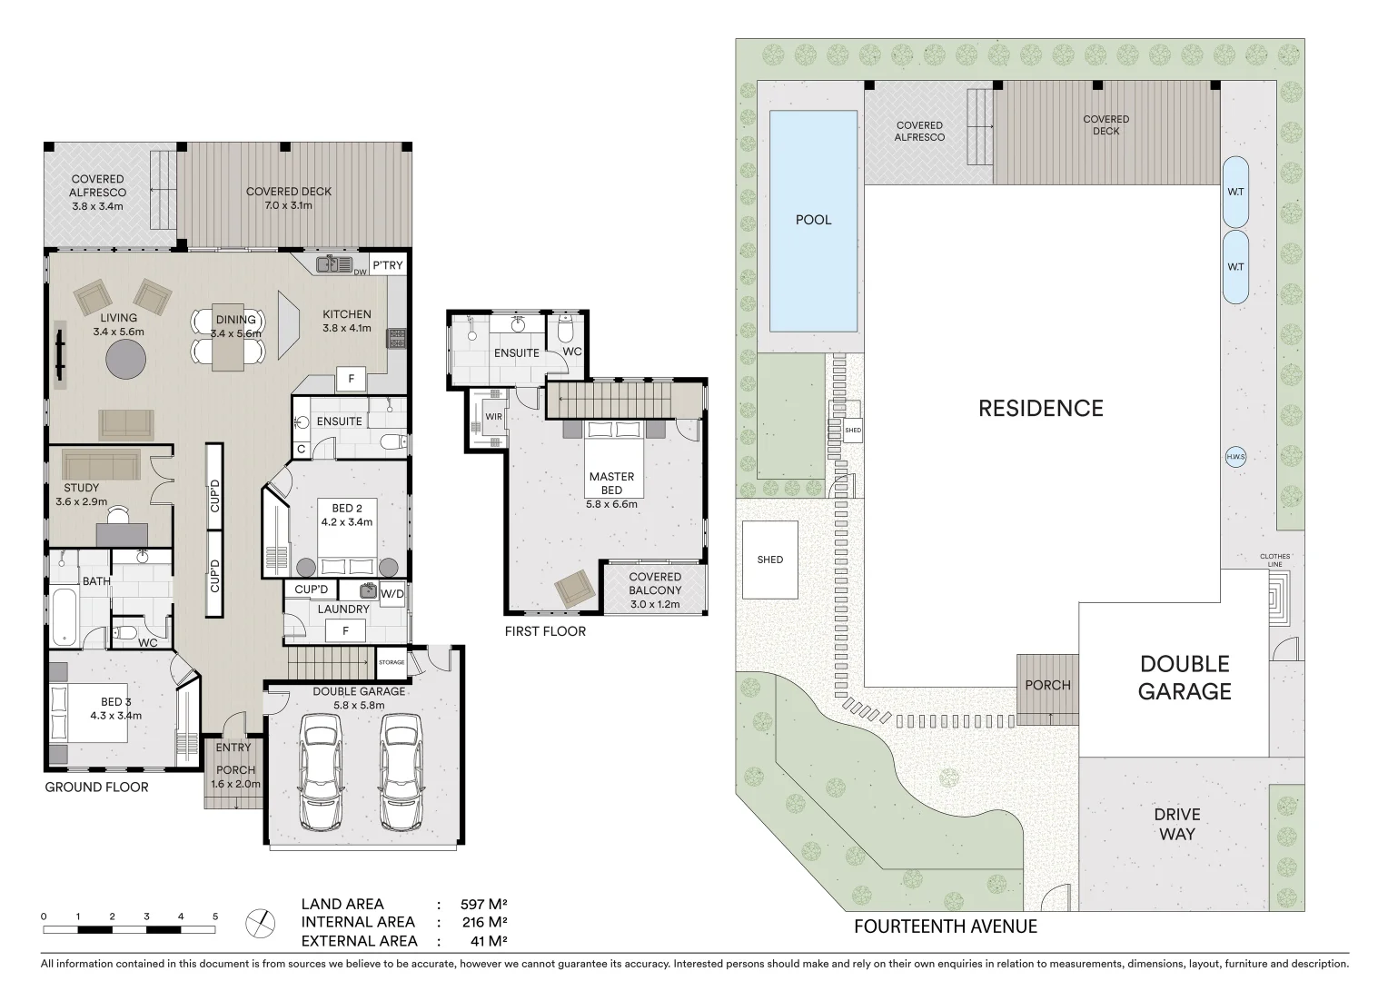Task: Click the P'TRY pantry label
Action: click(x=387, y=265)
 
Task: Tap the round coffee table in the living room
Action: click(x=125, y=359)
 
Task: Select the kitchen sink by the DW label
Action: click(x=334, y=264)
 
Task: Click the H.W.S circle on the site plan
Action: click(x=1235, y=457)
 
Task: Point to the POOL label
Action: click(x=814, y=220)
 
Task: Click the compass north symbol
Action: click(x=260, y=924)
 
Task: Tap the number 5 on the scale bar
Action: click(x=215, y=917)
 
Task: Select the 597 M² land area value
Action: click(x=484, y=904)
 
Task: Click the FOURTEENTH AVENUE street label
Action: click(x=946, y=926)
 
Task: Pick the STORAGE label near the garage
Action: click(x=392, y=662)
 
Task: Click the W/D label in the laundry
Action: click(x=392, y=594)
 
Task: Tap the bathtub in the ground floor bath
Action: click(x=64, y=617)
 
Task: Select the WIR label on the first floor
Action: click(x=494, y=416)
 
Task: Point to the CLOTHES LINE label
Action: click(x=1274, y=560)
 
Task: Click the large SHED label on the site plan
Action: click(x=770, y=560)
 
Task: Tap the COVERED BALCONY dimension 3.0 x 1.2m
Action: click(x=655, y=604)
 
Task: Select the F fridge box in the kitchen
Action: click(x=352, y=379)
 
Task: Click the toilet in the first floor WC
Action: click(x=566, y=329)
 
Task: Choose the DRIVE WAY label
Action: click(x=1177, y=824)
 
